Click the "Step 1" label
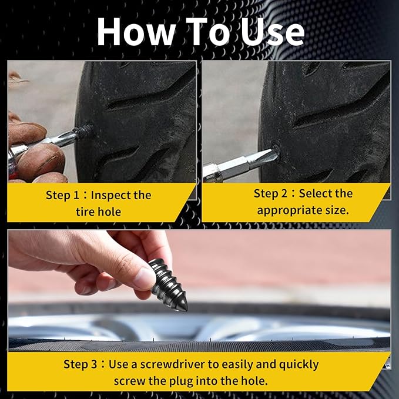coord(66,196)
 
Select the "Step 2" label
coord(274,194)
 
